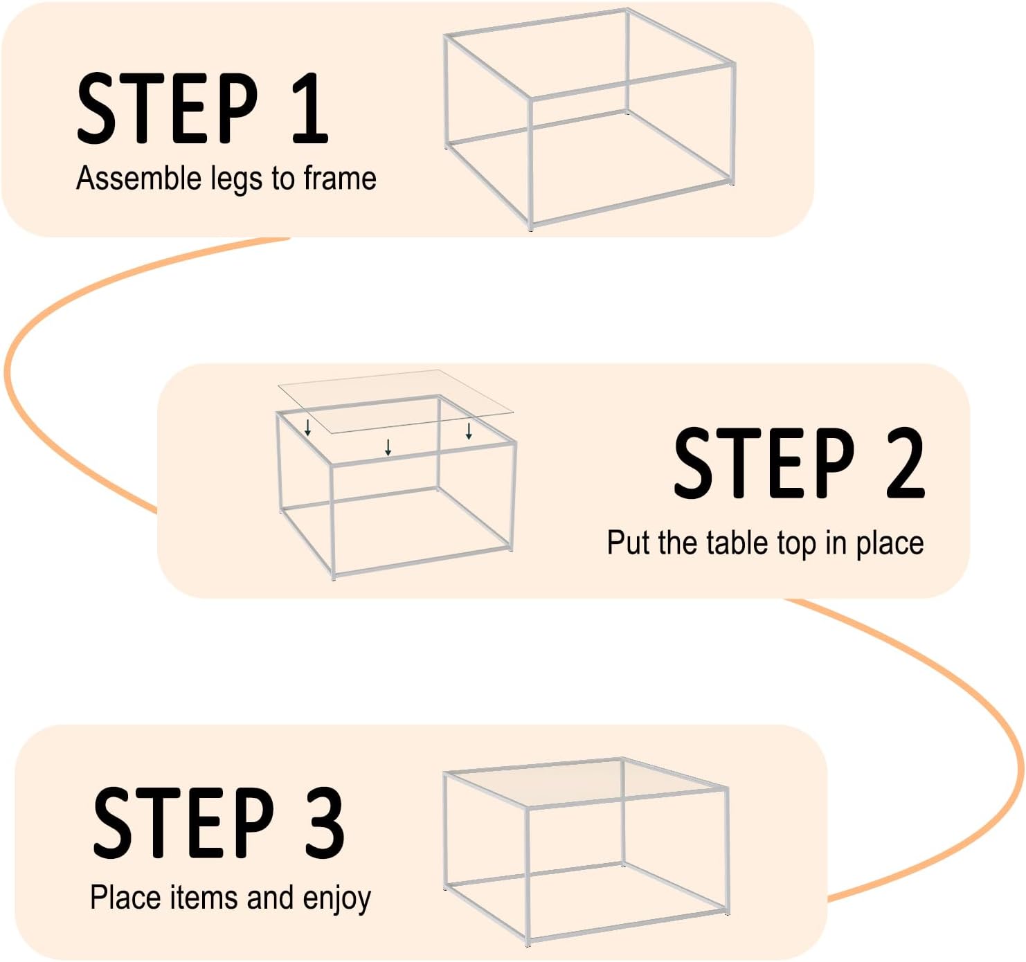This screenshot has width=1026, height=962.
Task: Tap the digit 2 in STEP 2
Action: [x=905, y=464]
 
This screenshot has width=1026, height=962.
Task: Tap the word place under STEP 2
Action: [x=889, y=545]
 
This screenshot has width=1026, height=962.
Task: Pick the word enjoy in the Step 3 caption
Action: [x=337, y=900]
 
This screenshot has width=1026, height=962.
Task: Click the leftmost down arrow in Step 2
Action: [x=308, y=427]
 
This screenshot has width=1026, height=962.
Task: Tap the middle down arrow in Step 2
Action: [x=388, y=447]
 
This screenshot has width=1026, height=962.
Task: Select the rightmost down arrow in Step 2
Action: [x=469, y=431]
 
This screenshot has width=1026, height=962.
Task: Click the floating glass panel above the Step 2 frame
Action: [x=396, y=401]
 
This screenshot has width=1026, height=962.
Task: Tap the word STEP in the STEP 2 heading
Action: [x=764, y=464]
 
